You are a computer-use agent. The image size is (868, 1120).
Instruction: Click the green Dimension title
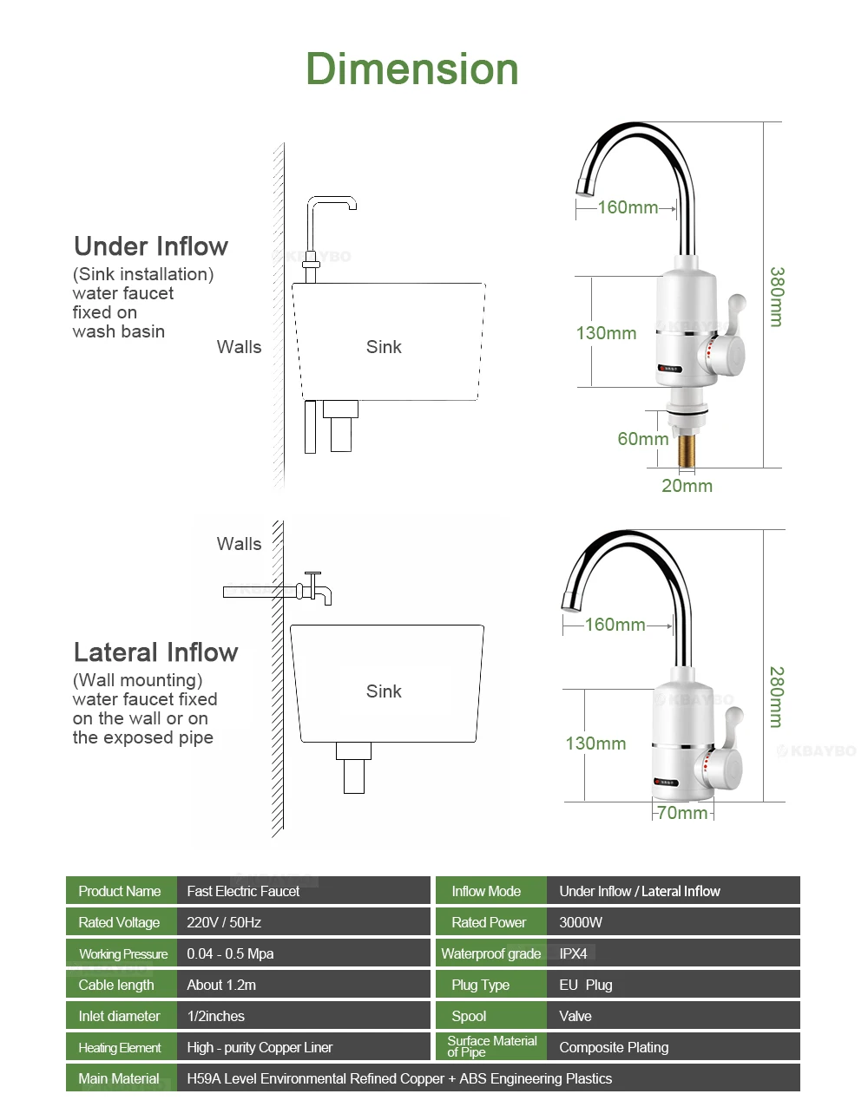412,69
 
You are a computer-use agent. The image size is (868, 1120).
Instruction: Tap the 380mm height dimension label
776,297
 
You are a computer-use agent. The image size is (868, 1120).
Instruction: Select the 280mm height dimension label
776,697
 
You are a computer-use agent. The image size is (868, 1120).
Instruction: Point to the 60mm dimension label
642,439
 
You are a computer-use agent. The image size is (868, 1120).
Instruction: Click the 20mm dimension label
687,486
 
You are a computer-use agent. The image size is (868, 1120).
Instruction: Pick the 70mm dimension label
682,813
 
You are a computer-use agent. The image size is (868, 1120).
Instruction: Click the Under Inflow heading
151,246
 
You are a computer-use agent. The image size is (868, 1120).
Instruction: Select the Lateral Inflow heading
155,652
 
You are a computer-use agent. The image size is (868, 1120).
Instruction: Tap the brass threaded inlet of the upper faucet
686,450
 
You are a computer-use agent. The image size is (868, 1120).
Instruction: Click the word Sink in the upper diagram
384,347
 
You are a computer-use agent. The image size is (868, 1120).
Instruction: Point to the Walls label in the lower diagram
239,544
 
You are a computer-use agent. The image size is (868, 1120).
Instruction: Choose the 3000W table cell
581,922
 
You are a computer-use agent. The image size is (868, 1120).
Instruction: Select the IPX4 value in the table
573,953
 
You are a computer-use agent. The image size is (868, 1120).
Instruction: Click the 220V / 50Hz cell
224,922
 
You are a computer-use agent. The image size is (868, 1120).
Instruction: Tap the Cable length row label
116,985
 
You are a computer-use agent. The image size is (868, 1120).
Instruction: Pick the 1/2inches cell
216,1016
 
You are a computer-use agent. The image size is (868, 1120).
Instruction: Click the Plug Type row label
480,985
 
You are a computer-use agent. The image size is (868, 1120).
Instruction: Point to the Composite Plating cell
614,1047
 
